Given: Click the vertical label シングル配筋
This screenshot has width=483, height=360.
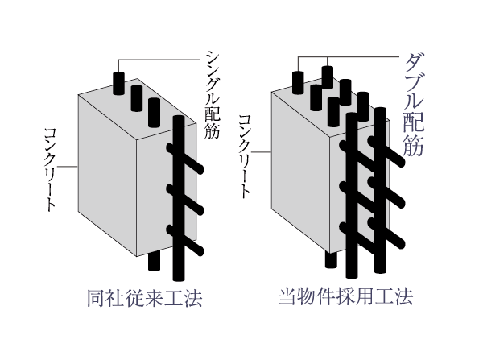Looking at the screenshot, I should [x=212, y=92].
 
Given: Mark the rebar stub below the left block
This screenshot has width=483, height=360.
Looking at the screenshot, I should [x=155, y=262].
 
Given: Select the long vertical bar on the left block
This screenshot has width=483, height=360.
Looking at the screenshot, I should [x=179, y=201].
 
